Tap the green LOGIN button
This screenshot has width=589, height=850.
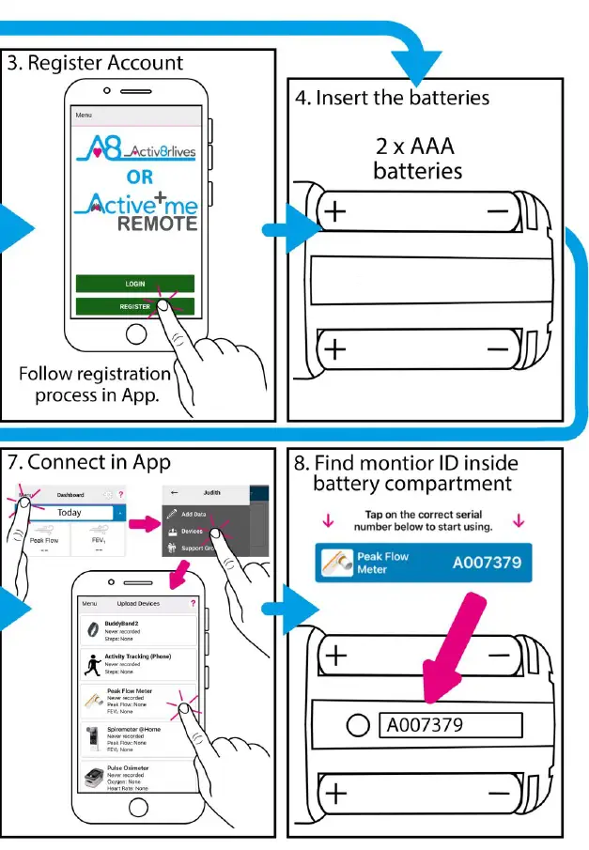[x=135, y=283]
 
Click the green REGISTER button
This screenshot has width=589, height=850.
[x=135, y=306]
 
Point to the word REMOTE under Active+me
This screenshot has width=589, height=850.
[x=157, y=224]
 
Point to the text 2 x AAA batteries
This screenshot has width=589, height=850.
[x=418, y=159]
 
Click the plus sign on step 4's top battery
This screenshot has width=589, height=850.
[x=335, y=212]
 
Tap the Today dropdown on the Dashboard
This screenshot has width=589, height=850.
[x=75, y=513]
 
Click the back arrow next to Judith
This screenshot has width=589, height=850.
[x=175, y=491]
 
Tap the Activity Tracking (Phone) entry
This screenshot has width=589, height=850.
[x=137, y=663]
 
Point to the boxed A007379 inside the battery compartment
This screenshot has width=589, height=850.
[x=449, y=725]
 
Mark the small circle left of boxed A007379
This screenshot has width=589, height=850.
[x=356, y=725]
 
